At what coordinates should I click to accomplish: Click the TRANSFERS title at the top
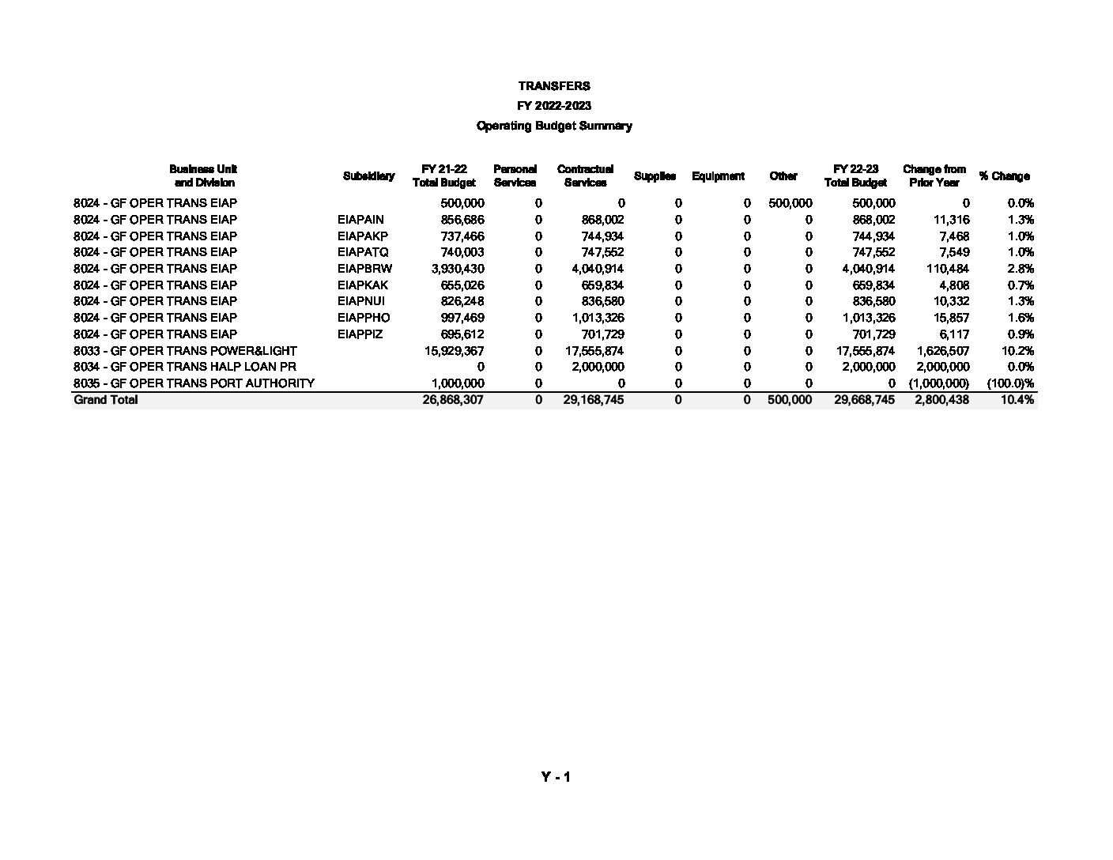(x=554, y=85)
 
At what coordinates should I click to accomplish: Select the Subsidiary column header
(x=368, y=175)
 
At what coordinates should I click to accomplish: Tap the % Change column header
(x=1004, y=175)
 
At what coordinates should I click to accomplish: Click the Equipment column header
(x=718, y=175)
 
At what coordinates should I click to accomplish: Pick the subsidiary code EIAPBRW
(x=364, y=269)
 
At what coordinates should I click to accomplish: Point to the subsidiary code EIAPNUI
(x=361, y=301)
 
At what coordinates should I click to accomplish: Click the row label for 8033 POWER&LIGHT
(x=185, y=350)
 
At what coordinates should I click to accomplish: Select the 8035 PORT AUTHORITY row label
(x=194, y=383)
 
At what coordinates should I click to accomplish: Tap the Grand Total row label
(x=105, y=400)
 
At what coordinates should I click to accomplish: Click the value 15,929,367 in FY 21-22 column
(x=454, y=350)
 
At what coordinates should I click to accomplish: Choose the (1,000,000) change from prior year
(x=938, y=383)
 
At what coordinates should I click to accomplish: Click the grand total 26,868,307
(x=453, y=400)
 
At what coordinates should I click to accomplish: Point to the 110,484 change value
(x=947, y=269)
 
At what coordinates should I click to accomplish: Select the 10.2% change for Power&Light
(x=1019, y=350)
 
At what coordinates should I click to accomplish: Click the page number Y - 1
(x=556, y=777)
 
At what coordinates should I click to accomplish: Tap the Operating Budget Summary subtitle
(x=554, y=126)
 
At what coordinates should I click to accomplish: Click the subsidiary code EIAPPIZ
(x=360, y=334)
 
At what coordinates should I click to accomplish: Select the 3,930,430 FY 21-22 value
(x=458, y=269)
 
